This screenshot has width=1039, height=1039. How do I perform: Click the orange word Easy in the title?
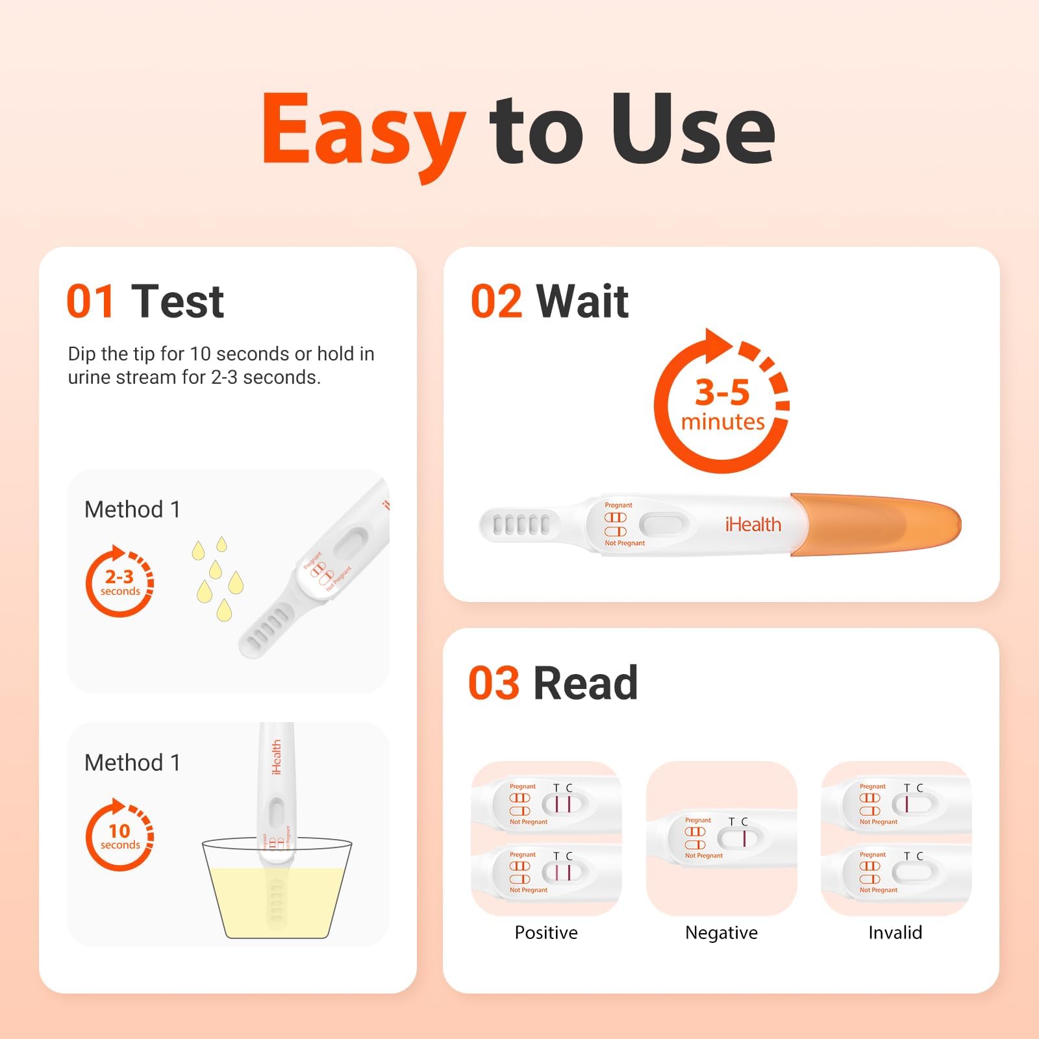364,130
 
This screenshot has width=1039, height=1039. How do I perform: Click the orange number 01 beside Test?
91,302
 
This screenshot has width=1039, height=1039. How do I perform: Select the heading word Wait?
582,302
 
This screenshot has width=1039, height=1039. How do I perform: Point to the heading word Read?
585,683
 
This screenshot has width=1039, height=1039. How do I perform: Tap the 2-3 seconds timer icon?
119,581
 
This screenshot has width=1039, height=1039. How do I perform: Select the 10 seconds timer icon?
119,835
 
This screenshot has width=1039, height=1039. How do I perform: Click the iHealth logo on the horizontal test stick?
753,525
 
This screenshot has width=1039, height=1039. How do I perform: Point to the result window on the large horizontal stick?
664,524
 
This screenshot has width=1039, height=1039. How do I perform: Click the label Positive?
546,933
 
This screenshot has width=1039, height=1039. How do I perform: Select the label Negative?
721,933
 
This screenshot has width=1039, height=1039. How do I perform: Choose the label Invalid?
895,933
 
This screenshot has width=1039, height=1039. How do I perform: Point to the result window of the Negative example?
740,838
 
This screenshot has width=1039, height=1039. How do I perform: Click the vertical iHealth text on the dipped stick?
276,757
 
